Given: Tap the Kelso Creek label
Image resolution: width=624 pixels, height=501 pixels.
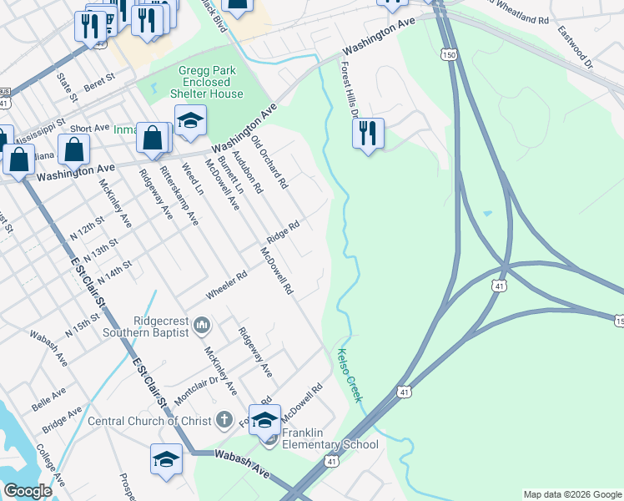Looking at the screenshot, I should point(349,375).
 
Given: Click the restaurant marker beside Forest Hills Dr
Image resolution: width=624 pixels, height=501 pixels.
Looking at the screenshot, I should point(367,134).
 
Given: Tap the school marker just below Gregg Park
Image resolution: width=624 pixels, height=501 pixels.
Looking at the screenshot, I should point(190,122).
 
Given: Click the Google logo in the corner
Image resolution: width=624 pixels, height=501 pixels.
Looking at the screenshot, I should point(28,491).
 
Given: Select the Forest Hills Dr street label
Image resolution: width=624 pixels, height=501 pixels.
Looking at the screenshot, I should point(348,89).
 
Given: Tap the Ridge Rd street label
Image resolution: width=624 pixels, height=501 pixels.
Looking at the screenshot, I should point(283,232).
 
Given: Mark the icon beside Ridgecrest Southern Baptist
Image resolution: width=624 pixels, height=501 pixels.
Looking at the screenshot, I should point(202,324).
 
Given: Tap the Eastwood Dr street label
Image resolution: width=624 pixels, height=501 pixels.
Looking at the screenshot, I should point(576,47).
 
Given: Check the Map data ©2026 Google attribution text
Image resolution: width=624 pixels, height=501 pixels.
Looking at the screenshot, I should point(571,494).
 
